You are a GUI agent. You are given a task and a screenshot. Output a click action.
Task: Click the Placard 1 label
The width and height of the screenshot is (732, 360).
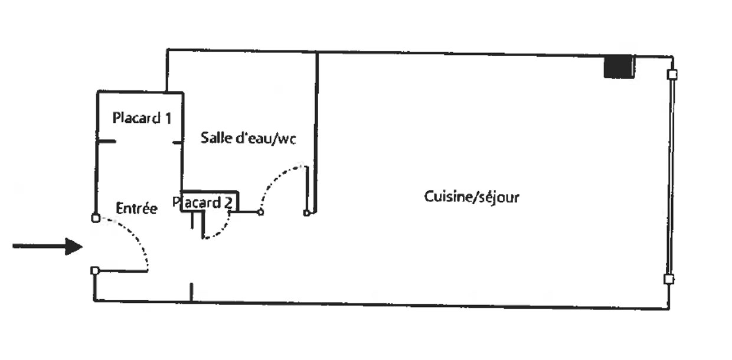(142, 118)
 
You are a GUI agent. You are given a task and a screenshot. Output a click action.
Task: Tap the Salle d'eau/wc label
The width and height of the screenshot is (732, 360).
(248, 138)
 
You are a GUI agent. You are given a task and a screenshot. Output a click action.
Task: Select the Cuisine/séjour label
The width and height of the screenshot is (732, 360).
(472, 197)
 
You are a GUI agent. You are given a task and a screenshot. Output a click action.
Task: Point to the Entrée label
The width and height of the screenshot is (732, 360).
(136, 208)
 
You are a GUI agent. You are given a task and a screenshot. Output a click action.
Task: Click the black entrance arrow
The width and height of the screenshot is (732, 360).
(47, 246)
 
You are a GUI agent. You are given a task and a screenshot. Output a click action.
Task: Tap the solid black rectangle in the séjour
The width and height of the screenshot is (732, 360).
(619, 67)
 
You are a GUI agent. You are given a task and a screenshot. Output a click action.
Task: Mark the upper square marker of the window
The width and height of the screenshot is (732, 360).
(672, 75)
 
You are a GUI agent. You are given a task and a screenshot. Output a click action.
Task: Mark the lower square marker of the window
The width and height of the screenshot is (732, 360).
(669, 279)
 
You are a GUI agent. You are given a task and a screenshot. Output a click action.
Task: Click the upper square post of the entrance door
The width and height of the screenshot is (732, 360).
(95, 218)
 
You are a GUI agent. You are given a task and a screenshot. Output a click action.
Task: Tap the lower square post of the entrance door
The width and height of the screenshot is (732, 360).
(95, 271)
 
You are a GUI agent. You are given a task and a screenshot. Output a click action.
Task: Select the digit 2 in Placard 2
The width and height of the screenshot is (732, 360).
(228, 203)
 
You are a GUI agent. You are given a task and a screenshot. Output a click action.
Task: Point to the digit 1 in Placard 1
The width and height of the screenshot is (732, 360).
(168, 118)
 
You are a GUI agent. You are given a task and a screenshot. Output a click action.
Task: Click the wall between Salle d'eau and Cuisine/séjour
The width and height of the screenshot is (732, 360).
(317, 118)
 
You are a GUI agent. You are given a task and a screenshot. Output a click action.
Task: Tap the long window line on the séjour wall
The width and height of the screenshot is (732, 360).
(671, 177)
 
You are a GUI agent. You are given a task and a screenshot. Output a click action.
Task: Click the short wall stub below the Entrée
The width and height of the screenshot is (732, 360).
(191, 292)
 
